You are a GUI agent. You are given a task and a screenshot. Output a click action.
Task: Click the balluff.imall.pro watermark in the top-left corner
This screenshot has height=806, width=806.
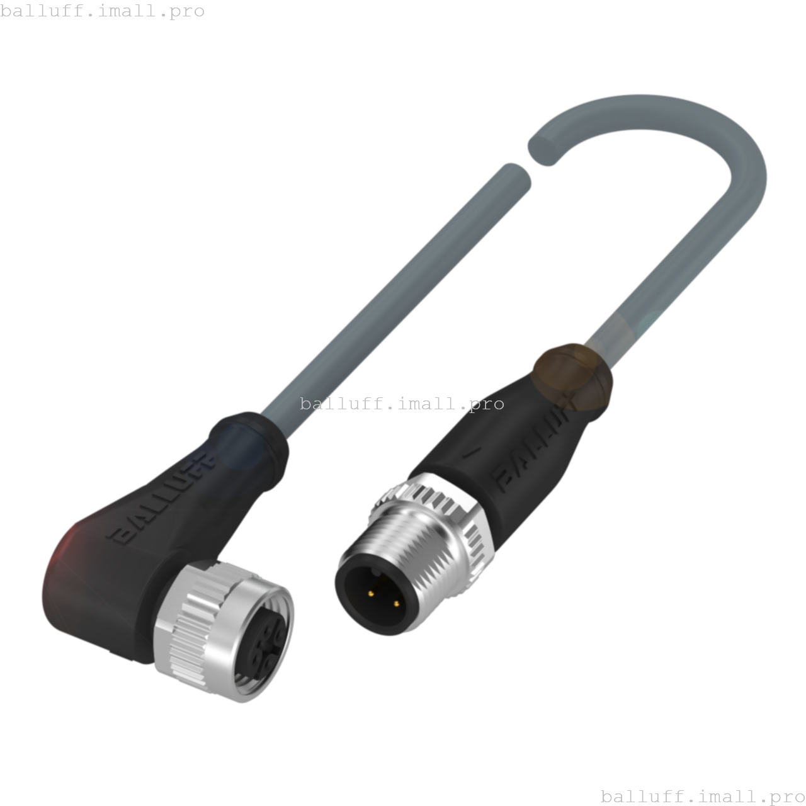coord(103,11)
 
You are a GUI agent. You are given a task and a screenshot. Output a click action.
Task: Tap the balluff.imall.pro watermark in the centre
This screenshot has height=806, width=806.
coord(402,404)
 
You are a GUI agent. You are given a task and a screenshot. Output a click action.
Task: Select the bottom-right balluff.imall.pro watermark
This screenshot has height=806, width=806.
coord(703,797)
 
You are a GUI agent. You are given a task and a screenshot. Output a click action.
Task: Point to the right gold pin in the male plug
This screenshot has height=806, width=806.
coord(396,604)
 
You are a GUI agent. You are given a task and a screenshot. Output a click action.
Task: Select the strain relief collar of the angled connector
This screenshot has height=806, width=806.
coord(249,441)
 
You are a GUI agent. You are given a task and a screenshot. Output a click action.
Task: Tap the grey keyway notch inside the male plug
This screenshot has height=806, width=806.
coord(377,573)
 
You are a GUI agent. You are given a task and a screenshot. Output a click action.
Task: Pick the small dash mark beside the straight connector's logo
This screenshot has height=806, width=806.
coord(468,451)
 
